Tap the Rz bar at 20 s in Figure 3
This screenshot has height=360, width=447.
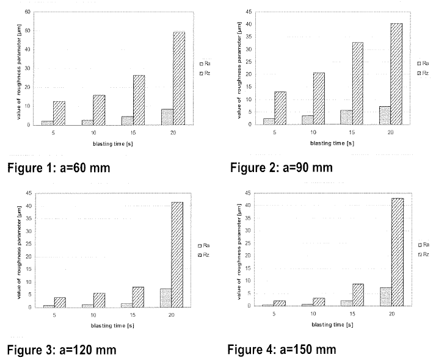[x=177, y=254]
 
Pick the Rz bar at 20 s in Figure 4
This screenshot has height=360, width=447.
[x=397, y=251]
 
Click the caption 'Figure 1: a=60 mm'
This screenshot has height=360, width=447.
[x=58, y=167]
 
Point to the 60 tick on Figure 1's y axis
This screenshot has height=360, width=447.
[x=27, y=12]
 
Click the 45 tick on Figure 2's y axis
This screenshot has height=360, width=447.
[x=249, y=11]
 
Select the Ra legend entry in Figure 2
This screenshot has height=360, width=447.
[x=423, y=63]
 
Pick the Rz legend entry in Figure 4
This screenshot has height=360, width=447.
[x=424, y=253]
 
